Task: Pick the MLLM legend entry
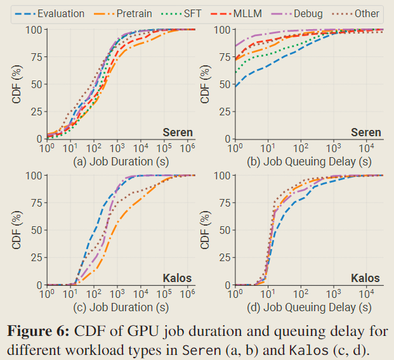click(246, 13)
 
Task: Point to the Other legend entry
click(359, 13)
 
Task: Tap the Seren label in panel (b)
click(365, 132)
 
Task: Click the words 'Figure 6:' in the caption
click(37, 331)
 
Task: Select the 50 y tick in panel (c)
click(36, 230)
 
